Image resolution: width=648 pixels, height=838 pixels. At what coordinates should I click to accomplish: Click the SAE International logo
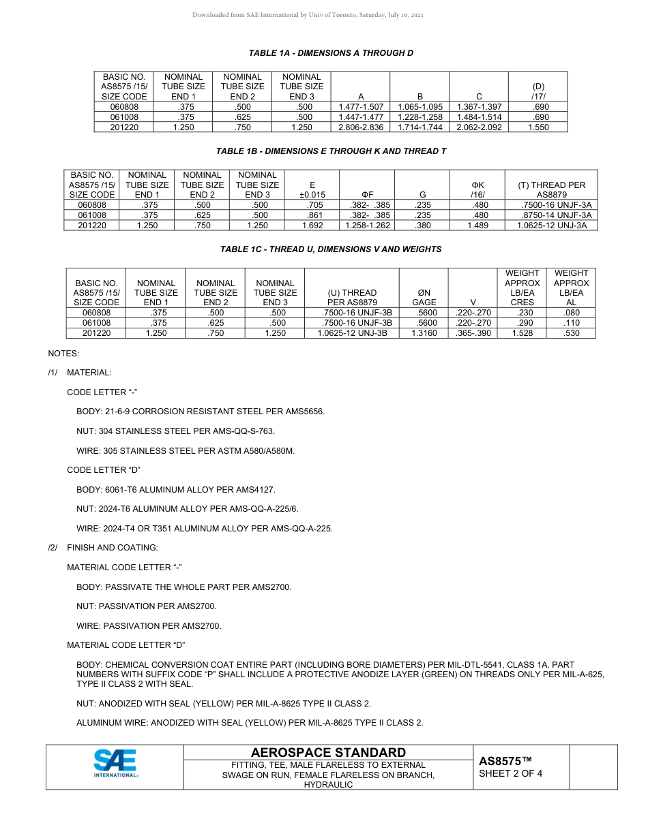click(115, 763)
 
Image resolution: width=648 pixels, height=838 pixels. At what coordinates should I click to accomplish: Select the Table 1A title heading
click(331, 53)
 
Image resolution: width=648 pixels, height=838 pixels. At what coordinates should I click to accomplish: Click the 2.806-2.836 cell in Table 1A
click(360, 127)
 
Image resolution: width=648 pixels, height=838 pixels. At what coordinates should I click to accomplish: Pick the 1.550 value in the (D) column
click(538, 127)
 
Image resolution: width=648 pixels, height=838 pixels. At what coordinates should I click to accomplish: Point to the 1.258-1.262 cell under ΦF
click(368, 226)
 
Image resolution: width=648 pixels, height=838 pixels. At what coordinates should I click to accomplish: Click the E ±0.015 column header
click(312, 189)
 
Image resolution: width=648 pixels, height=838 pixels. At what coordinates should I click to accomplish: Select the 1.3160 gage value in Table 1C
click(424, 333)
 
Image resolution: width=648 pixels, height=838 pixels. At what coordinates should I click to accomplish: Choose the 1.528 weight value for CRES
click(522, 333)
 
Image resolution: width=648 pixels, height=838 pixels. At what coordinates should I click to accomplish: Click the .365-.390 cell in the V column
click(473, 333)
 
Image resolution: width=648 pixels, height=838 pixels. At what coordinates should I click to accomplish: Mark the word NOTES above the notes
click(63, 354)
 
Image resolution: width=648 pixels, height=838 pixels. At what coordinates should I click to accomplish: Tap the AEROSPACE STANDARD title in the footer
click(328, 752)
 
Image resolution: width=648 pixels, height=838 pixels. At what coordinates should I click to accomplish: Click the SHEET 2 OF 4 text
click(510, 773)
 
